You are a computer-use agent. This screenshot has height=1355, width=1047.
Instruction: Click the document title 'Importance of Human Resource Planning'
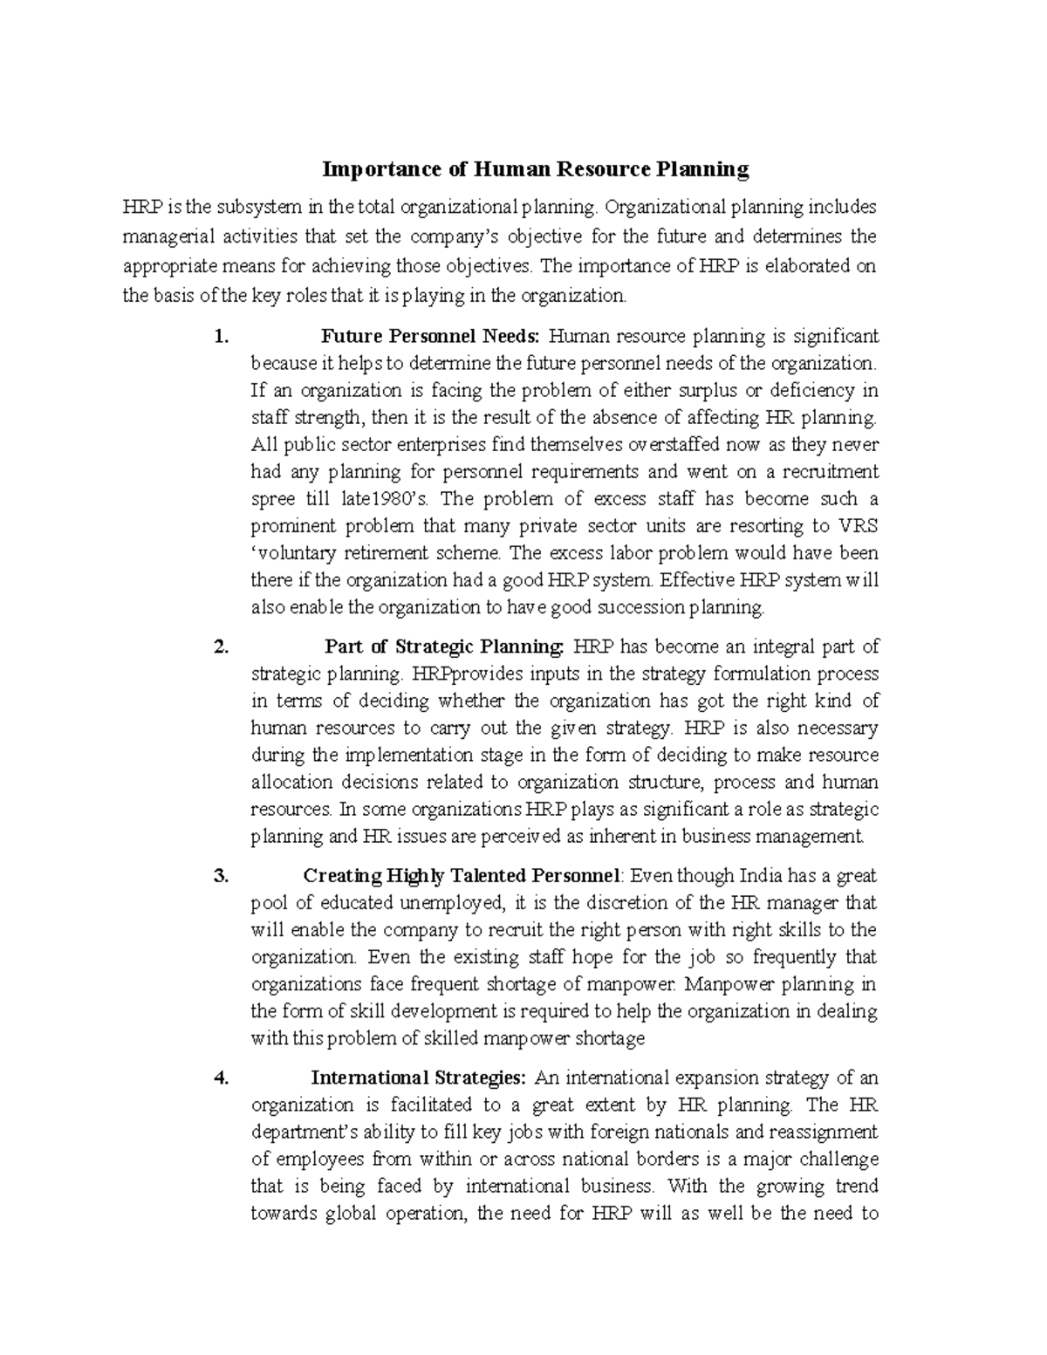[536, 169]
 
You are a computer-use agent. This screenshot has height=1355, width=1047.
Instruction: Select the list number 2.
[221, 647]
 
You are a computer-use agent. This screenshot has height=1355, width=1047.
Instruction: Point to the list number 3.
[221, 875]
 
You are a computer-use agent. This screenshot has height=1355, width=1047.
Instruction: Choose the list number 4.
[221, 1078]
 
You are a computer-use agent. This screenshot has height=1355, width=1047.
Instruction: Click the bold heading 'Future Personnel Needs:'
[431, 336]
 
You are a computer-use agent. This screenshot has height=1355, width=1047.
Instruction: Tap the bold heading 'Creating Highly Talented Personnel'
[462, 875]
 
